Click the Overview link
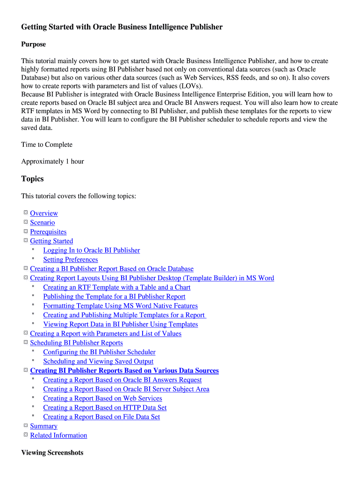[x=44, y=213]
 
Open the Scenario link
[x=42, y=223]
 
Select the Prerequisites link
[x=48, y=232]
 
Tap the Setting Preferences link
[x=71, y=260]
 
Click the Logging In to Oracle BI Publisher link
[x=92, y=250]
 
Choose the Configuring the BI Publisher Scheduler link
[x=99, y=352]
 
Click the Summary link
[x=43, y=426]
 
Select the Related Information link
[x=58, y=435]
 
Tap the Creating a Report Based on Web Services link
[x=102, y=399]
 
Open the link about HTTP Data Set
[x=105, y=408]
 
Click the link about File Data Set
[x=101, y=417]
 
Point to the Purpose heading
[x=34, y=44]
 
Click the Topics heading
[x=32, y=179]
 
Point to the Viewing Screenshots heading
[x=52, y=453]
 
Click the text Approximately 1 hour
[x=52, y=161]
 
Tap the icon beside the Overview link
[x=26, y=213]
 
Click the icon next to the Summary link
[x=26, y=426]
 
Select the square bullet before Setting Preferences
[x=33, y=259]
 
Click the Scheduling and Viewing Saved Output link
[x=98, y=362]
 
